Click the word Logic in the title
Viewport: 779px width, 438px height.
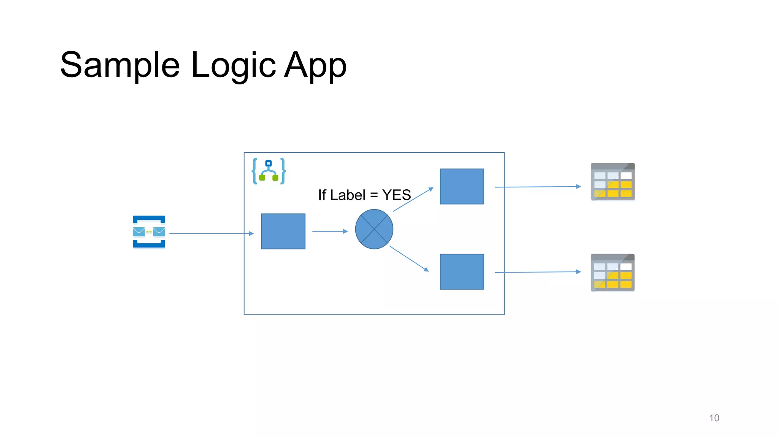(233, 65)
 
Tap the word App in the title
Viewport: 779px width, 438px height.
(315, 65)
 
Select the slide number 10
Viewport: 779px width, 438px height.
(714, 418)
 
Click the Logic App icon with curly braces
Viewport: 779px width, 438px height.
(269, 171)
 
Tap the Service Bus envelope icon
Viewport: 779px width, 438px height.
(149, 232)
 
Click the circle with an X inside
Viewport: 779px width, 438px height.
(374, 229)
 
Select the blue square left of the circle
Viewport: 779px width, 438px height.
(283, 231)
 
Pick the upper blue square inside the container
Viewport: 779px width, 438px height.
(462, 186)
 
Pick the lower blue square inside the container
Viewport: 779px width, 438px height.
(462, 271)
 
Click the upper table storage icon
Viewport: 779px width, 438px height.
(612, 182)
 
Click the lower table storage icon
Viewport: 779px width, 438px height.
(612, 273)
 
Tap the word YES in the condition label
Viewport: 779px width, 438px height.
(396, 195)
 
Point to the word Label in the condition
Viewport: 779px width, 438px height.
(348, 195)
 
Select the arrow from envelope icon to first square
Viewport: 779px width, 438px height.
(211, 233)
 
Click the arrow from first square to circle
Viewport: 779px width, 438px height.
(330, 231)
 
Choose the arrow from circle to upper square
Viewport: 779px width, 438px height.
(413, 199)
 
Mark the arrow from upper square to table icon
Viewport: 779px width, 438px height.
(537, 187)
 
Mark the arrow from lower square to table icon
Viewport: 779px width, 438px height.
(537, 272)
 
